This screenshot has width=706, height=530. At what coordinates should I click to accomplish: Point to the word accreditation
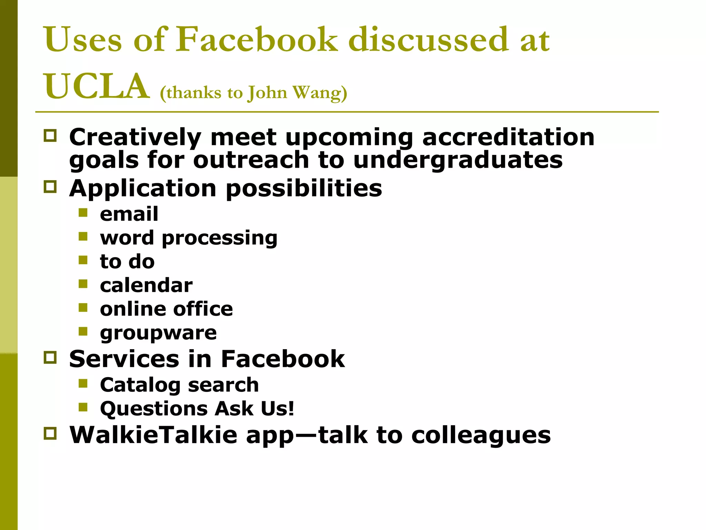tap(508, 137)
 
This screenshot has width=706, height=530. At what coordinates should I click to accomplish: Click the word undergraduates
tap(458, 161)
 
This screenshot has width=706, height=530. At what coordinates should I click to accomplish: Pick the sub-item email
tap(129, 214)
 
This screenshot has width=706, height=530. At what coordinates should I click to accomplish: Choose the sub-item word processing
tap(189, 238)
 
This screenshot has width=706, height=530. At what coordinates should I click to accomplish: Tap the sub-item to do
tap(127, 262)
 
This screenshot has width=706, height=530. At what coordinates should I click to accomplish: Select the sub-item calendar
tap(146, 285)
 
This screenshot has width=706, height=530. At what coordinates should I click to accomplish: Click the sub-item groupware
tap(158, 333)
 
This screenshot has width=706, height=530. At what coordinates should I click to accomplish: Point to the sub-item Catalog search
tap(179, 385)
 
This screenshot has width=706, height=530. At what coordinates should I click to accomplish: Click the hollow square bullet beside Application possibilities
tap(50, 187)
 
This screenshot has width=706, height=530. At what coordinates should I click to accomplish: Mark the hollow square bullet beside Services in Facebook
tap(50, 357)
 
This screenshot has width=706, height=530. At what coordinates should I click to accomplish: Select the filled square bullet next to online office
tap(83, 307)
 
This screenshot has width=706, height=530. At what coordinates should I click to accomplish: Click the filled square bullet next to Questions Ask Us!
tap(83, 407)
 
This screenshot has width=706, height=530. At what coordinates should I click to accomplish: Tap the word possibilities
tap(304, 189)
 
